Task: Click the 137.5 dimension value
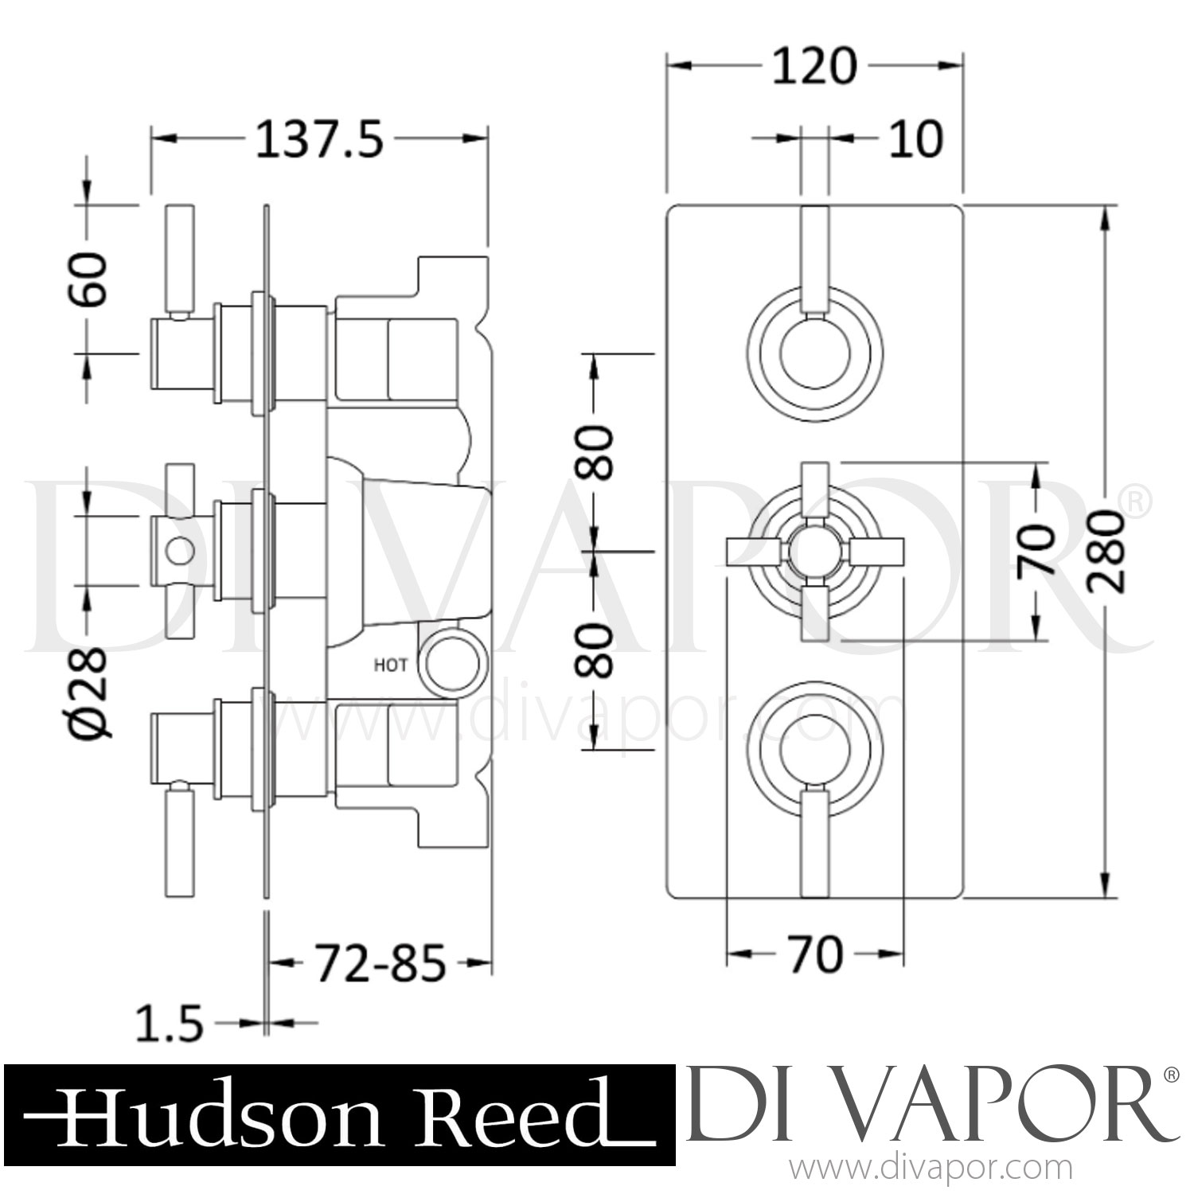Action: click(319, 142)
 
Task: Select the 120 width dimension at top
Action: click(814, 67)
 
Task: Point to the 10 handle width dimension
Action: click(916, 139)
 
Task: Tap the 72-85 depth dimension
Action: click(378, 964)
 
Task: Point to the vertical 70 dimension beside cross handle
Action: click(1036, 549)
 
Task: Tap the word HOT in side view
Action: click(391, 665)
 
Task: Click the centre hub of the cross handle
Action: click(816, 550)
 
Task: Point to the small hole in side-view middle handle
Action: click(179, 549)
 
